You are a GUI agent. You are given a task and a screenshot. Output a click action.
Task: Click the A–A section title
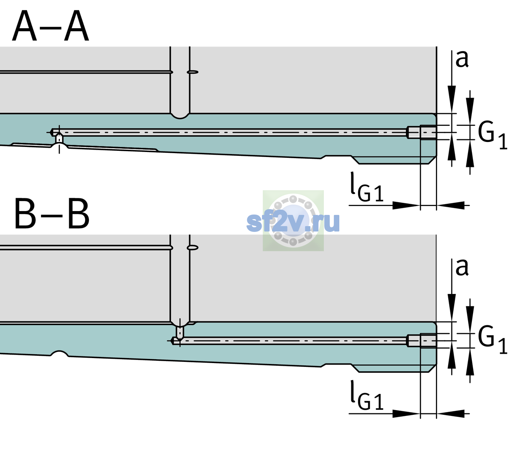click(51, 26)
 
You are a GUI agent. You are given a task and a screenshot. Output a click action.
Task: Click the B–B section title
click(52, 214)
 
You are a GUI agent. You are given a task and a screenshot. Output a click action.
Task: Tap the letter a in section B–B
click(462, 267)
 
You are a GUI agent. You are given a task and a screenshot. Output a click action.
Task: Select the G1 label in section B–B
click(492, 340)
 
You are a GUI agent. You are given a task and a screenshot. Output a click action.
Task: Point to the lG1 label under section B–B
click(367, 395)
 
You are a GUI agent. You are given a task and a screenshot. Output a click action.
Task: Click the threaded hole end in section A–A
click(422, 132)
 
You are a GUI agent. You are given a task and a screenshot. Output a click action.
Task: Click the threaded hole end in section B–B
click(422, 341)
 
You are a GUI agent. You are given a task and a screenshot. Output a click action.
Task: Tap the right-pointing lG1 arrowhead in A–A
click(407, 205)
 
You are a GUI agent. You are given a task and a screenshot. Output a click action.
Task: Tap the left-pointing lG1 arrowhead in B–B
click(451, 413)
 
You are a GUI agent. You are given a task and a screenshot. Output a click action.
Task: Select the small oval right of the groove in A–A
click(192, 72)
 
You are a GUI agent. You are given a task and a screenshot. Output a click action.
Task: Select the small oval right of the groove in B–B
click(192, 248)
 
